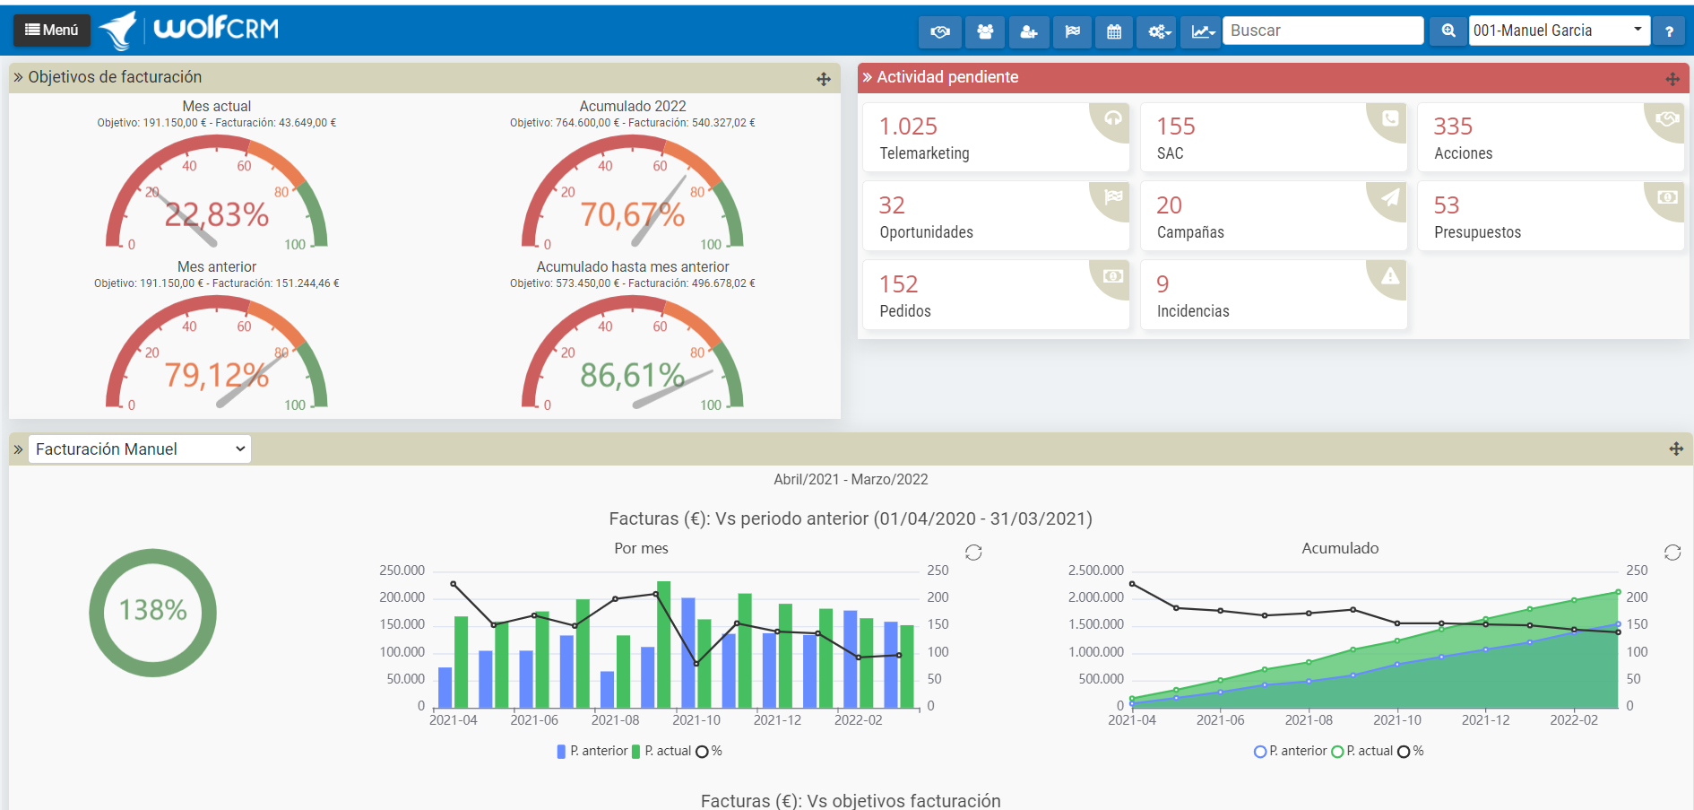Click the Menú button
pyautogui.click(x=52, y=30)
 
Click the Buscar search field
pyautogui.click(x=1322, y=30)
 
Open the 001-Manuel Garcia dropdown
pyautogui.click(x=1559, y=30)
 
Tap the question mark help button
pyautogui.click(x=1668, y=31)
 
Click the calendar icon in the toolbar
pyautogui.click(x=1114, y=31)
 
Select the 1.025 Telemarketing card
pyautogui.click(x=995, y=137)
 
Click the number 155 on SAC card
pyautogui.click(x=1176, y=126)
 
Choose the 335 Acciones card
pyautogui.click(x=1550, y=137)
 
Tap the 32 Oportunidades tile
pyautogui.click(x=995, y=216)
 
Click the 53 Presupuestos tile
pyautogui.click(x=1550, y=216)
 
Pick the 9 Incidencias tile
pyautogui.click(x=1273, y=295)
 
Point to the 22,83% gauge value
pyautogui.click(x=217, y=214)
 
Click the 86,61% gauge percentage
pyautogui.click(x=633, y=375)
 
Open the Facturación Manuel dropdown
pyautogui.click(x=140, y=449)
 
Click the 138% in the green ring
pyautogui.click(x=153, y=610)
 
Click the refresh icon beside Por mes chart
pyautogui.click(x=973, y=553)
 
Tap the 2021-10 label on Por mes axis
pyautogui.click(x=696, y=719)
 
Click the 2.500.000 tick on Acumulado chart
pyautogui.click(x=1095, y=570)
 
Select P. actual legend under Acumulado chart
pyautogui.click(x=1362, y=751)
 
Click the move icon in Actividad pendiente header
pyautogui.click(x=1672, y=79)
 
